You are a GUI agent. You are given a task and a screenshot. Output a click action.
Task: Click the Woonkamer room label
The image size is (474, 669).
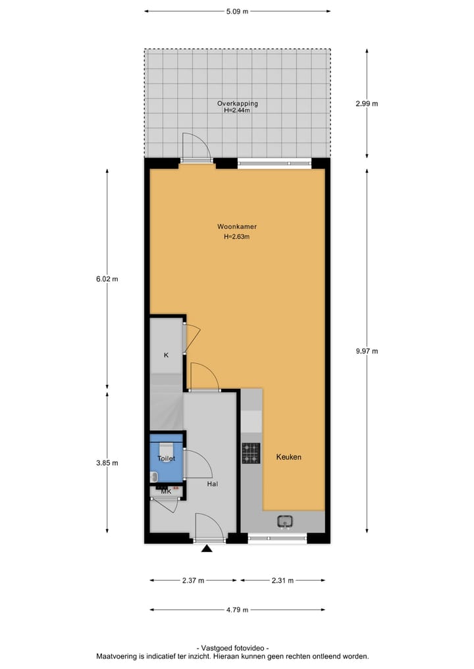pyautogui.click(x=237, y=227)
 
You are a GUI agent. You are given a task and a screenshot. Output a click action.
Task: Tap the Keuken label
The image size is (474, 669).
pyautogui.click(x=289, y=457)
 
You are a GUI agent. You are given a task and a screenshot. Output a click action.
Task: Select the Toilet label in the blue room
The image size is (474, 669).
pyautogui.click(x=166, y=458)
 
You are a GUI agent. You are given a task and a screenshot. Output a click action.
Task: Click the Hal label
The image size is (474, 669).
pyautogui.click(x=212, y=484)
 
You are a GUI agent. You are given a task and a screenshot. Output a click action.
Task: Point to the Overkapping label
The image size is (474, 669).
pyautogui.click(x=238, y=103)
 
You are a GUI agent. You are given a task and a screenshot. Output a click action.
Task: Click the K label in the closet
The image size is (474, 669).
pyautogui.click(x=166, y=355)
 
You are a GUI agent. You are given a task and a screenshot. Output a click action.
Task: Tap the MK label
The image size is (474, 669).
pyautogui.click(x=166, y=491)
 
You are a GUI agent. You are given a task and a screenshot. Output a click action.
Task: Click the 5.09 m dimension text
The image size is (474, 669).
pyautogui.click(x=237, y=11)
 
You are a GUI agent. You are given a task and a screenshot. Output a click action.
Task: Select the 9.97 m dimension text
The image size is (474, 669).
pyautogui.click(x=367, y=351)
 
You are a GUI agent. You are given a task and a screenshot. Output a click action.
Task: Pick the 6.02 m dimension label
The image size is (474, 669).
pyautogui.click(x=107, y=278)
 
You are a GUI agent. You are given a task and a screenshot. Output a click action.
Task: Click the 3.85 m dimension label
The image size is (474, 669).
pyautogui.click(x=107, y=462)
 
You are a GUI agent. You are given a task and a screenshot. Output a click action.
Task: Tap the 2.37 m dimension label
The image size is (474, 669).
pyautogui.click(x=193, y=580)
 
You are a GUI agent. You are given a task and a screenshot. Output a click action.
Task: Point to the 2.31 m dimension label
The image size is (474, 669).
pyautogui.click(x=282, y=580)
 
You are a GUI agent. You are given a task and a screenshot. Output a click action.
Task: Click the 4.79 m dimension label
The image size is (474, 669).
pyautogui.click(x=237, y=610)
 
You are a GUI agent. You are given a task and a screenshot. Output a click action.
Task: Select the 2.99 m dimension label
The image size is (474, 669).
pyautogui.click(x=367, y=103)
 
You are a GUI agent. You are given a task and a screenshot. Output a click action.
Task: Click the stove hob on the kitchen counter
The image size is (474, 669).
pyautogui.click(x=250, y=453)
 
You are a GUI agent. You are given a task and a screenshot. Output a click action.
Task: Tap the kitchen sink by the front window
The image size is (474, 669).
pyautogui.click(x=285, y=521)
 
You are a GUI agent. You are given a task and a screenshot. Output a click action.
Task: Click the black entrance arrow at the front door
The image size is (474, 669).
pyautogui.click(x=207, y=548)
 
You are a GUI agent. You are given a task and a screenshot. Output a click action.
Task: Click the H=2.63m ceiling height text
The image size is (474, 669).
pyautogui.click(x=237, y=237)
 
